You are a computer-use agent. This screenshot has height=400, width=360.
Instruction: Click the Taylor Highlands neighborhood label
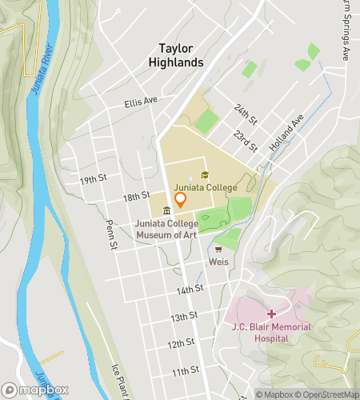(x=181, y=54)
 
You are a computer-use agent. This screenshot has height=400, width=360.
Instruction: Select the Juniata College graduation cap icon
(x=205, y=175)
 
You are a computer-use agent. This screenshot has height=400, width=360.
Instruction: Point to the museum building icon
(x=166, y=211)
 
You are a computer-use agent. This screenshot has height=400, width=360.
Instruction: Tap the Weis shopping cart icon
(x=218, y=249)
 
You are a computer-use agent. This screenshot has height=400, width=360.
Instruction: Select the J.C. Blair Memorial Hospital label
(x=270, y=331)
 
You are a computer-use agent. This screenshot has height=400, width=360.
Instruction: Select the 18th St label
(x=137, y=195)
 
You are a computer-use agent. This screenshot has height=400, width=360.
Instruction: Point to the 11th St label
(x=185, y=370)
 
